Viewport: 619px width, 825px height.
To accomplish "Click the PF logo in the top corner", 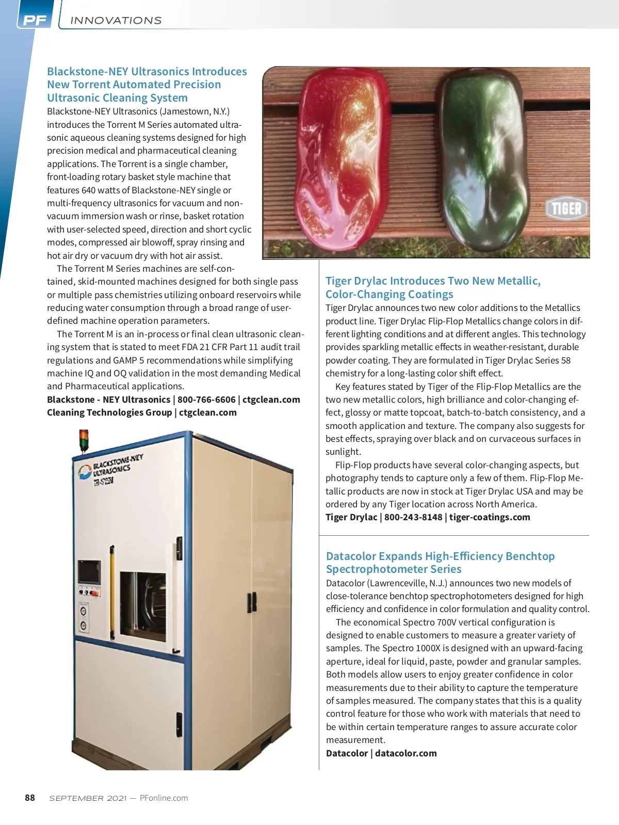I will [35, 20].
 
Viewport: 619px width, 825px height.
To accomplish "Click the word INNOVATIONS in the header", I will [116, 21].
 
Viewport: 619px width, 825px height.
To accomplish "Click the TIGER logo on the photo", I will [566, 209].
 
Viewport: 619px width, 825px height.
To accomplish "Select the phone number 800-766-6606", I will [206, 400].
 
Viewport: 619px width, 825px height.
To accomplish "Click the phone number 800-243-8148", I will [413, 517].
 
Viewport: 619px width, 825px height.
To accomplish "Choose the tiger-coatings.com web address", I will [490, 517].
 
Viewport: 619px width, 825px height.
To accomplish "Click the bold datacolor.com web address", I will [405, 753].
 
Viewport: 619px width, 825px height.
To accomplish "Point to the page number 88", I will [30, 798].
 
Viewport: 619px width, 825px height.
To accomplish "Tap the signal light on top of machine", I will [83, 441].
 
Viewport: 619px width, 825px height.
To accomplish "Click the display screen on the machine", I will [89, 571].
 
